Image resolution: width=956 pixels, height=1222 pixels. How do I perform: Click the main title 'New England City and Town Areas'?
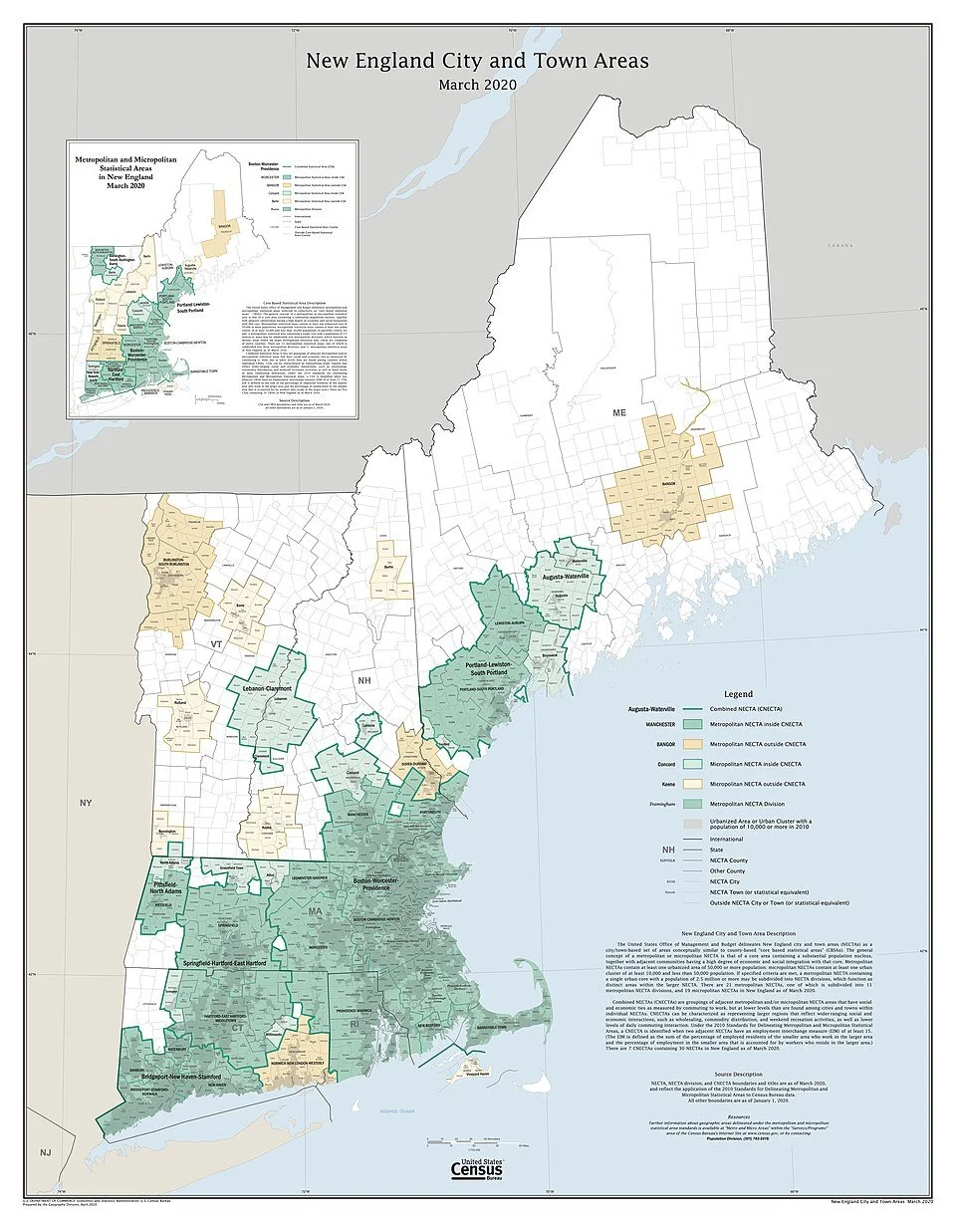pos(477,61)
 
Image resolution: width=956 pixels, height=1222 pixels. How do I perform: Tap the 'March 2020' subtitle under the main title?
pos(477,85)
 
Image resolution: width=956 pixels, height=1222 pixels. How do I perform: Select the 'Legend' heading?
pos(738,693)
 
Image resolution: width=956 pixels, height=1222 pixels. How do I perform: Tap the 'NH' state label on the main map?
pos(365,681)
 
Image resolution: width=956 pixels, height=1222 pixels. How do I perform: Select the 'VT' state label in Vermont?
pos(216,644)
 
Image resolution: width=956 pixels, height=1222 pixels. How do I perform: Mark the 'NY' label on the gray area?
pos(86,802)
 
